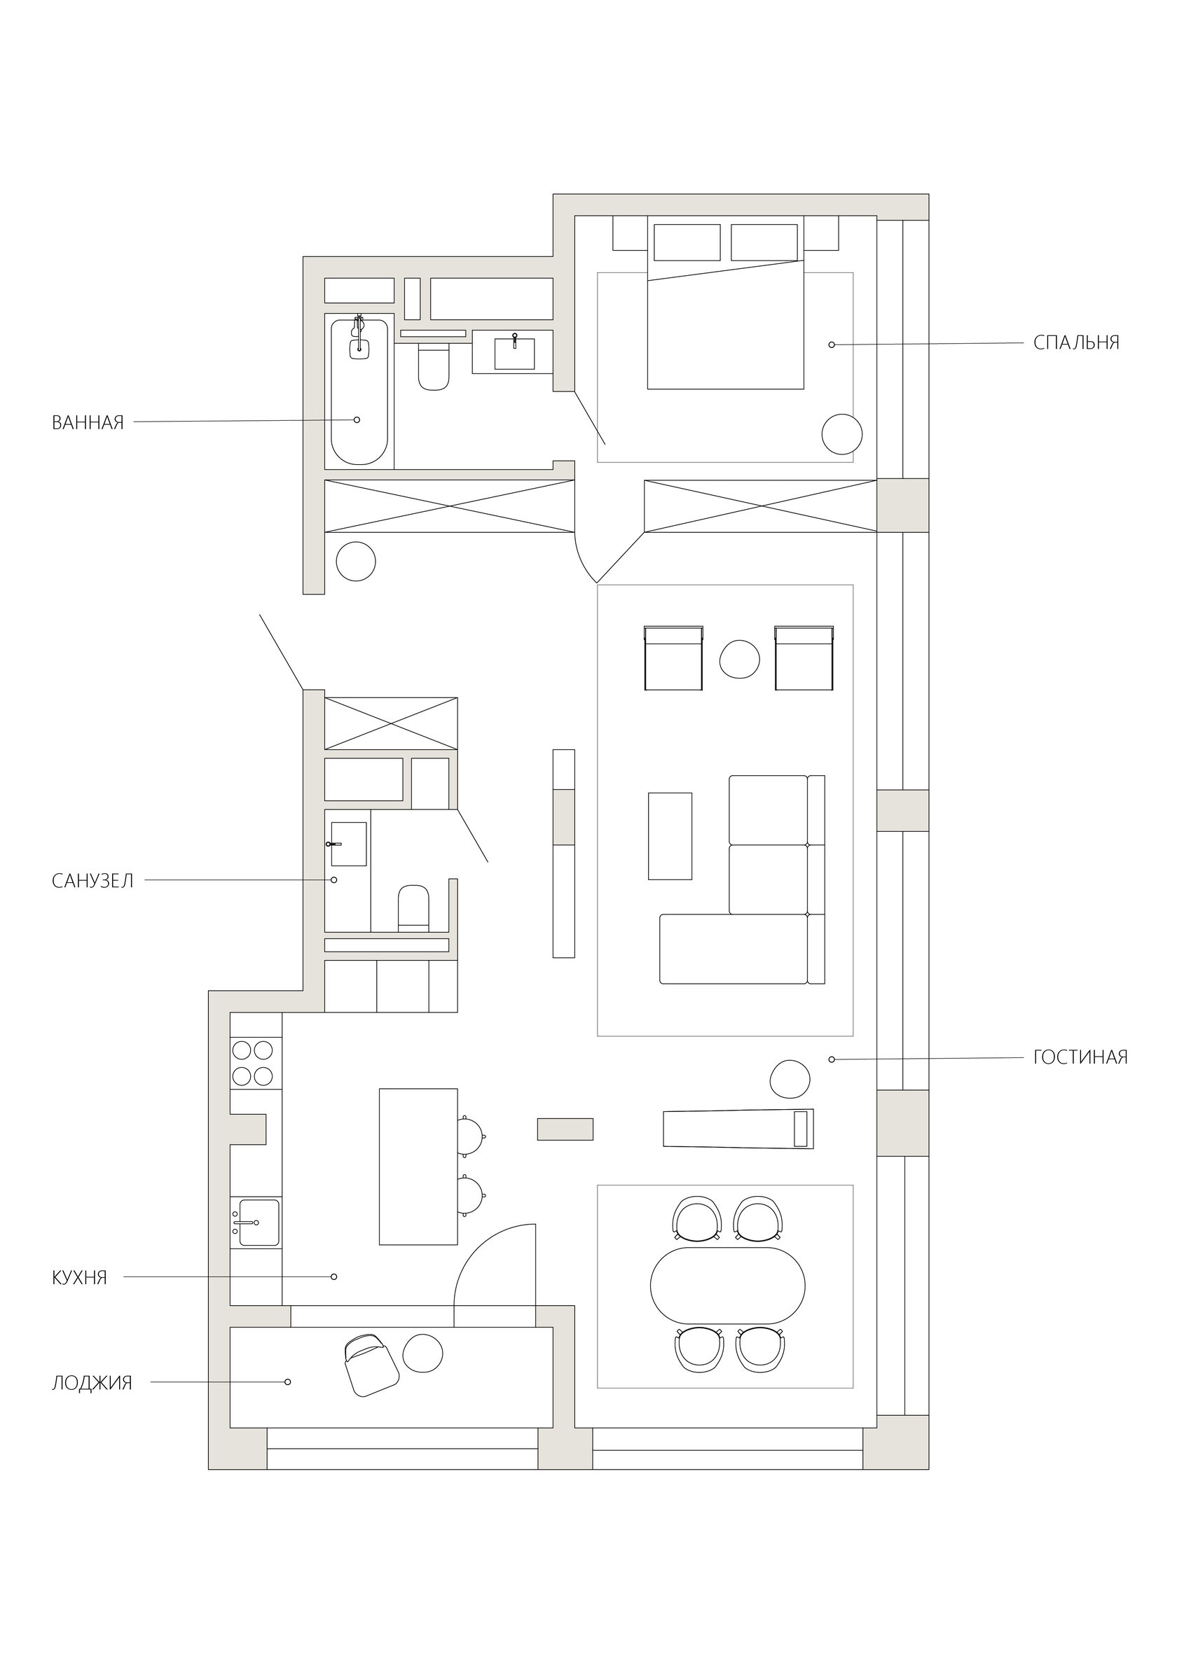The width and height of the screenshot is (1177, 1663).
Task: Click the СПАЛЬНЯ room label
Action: (x=1076, y=342)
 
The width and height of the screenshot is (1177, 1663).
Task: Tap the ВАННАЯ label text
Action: (x=88, y=423)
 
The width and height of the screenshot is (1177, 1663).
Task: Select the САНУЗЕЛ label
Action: (x=92, y=881)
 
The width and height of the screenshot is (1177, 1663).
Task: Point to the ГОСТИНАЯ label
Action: (x=1080, y=1057)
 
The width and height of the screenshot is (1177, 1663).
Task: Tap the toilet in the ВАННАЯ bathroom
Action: (x=434, y=366)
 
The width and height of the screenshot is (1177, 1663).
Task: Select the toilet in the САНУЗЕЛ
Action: (x=413, y=907)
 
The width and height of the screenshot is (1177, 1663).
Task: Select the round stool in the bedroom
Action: (x=841, y=435)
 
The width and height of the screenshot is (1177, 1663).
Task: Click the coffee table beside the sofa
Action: (x=670, y=836)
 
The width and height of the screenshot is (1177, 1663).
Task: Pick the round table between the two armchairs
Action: (x=739, y=659)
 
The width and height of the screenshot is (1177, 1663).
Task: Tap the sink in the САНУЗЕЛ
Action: (x=348, y=844)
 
